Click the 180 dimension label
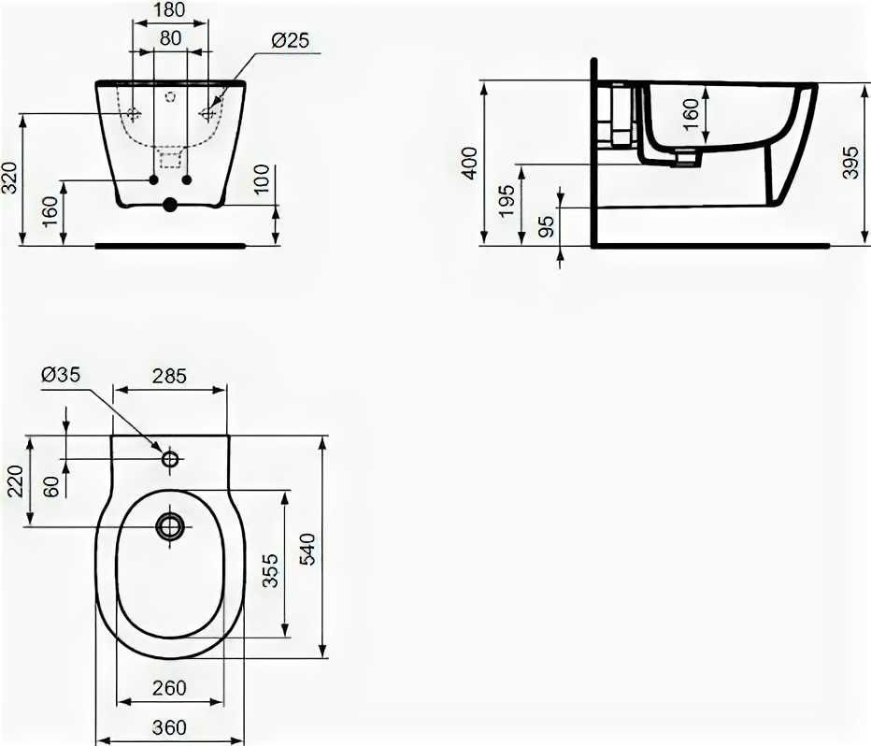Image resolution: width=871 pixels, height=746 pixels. pyautogui.click(x=170, y=10)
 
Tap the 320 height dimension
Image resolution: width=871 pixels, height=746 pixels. pyautogui.click(x=11, y=178)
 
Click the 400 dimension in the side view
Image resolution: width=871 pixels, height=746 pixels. pyautogui.click(x=470, y=163)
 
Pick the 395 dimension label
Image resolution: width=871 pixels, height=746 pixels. pyautogui.click(x=850, y=163)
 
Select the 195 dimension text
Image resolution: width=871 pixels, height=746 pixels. pyautogui.click(x=506, y=201)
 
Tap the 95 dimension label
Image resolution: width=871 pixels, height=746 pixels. pyautogui.click(x=547, y=226)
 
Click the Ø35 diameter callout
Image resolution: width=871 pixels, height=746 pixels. pyautogui.click(x=61, y=375)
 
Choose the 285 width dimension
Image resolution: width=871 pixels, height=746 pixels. pyautogui.click(x=170, y=376)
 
